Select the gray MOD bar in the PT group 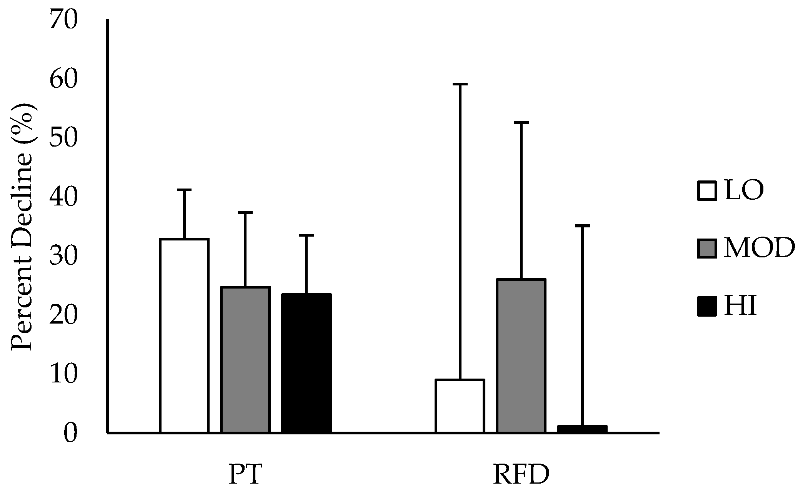[x=245, y=360]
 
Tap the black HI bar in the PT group [x=306, y=363]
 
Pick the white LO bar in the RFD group [x=460, y=406]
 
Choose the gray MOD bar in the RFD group [x=521, y=356]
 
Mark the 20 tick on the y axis [x=63, y=315]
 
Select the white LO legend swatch [x=707, y=191]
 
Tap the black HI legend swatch [x=707, y=307]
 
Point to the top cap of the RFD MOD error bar [x=521, y=122]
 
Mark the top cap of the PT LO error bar [x=184, y=190]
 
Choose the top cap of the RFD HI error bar [x=582, y=226]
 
